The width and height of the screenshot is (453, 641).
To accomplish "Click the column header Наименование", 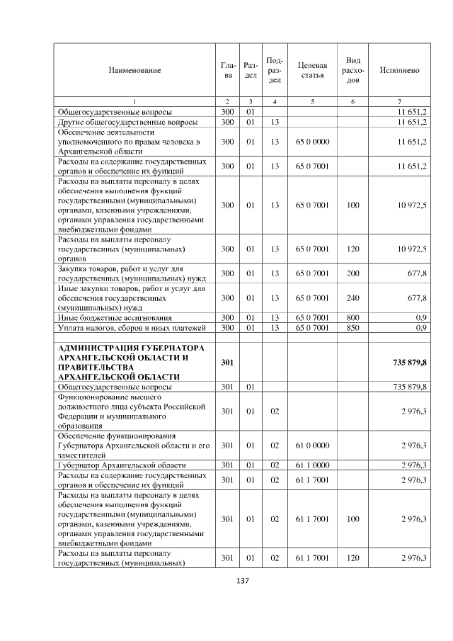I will (x=134, y=70).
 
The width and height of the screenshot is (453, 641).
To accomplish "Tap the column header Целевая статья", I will (x=312, y=70).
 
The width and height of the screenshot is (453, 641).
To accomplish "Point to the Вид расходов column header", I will (x=352, y=70).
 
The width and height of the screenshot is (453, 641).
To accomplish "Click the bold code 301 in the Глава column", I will (x=227, y=363).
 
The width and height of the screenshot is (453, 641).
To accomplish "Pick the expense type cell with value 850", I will (x=352, y=327).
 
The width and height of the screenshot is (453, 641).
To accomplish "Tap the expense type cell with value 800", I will (x=352, y=317).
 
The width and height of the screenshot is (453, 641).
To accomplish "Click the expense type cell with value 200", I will (x=352, y=273).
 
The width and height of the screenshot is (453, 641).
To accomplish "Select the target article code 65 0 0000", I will (x=312, y=142).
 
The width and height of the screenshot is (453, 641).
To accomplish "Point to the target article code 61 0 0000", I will (x=312, y=445).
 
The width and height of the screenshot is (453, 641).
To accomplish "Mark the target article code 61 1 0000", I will (x=312, y=465).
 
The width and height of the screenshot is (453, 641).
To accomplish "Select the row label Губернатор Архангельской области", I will (x=117, y=465).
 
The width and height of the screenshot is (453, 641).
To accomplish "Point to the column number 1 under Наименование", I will (x=134, y=102).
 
